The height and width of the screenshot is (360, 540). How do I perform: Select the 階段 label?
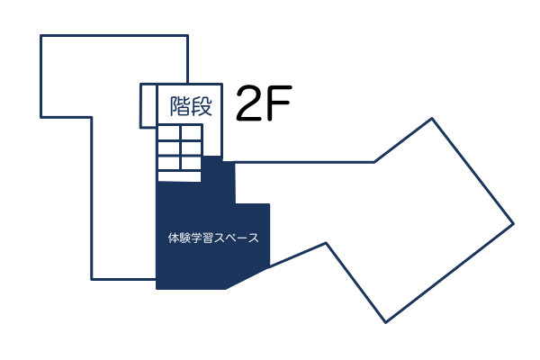click(191, 107)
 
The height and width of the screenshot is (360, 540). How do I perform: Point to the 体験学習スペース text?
click(213, 238)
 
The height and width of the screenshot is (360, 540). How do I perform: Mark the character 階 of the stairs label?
click(180, 107)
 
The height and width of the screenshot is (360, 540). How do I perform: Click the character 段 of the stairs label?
click(202, 107)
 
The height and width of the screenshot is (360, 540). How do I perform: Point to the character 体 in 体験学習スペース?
click(174, 238)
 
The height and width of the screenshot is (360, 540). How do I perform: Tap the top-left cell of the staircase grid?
click(168, 132)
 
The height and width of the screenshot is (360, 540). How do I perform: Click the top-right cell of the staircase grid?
click(191, 132)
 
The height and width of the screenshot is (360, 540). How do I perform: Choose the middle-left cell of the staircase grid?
click(168, 148)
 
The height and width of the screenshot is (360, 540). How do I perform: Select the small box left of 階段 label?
click(148, 107)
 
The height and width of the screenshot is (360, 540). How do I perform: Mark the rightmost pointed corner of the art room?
click(513, 222)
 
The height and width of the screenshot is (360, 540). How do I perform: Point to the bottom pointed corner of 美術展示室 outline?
click(386, 321)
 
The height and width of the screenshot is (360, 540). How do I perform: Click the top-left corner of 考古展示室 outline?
click(41, 36)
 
